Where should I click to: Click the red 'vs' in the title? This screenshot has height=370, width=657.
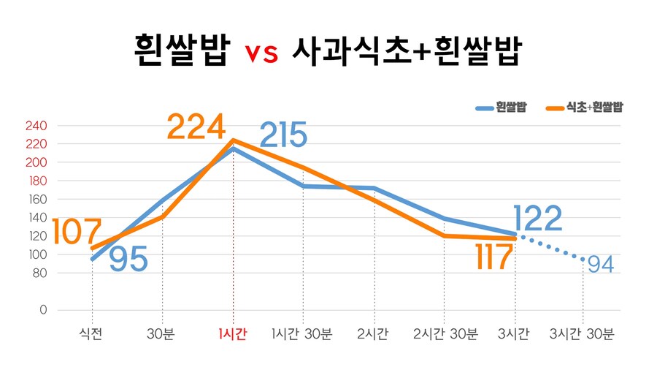[261, 53]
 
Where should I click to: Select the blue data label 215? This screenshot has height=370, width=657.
[283, 135]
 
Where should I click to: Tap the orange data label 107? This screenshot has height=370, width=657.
[76, 232]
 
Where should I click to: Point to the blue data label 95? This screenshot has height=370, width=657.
[128, 259]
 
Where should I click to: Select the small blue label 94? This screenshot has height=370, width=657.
[599, 265]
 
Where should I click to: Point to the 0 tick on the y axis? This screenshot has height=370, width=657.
[42, 310]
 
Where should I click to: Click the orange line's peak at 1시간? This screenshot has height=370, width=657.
[233, 140]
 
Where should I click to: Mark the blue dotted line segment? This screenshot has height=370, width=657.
[551, 246]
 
